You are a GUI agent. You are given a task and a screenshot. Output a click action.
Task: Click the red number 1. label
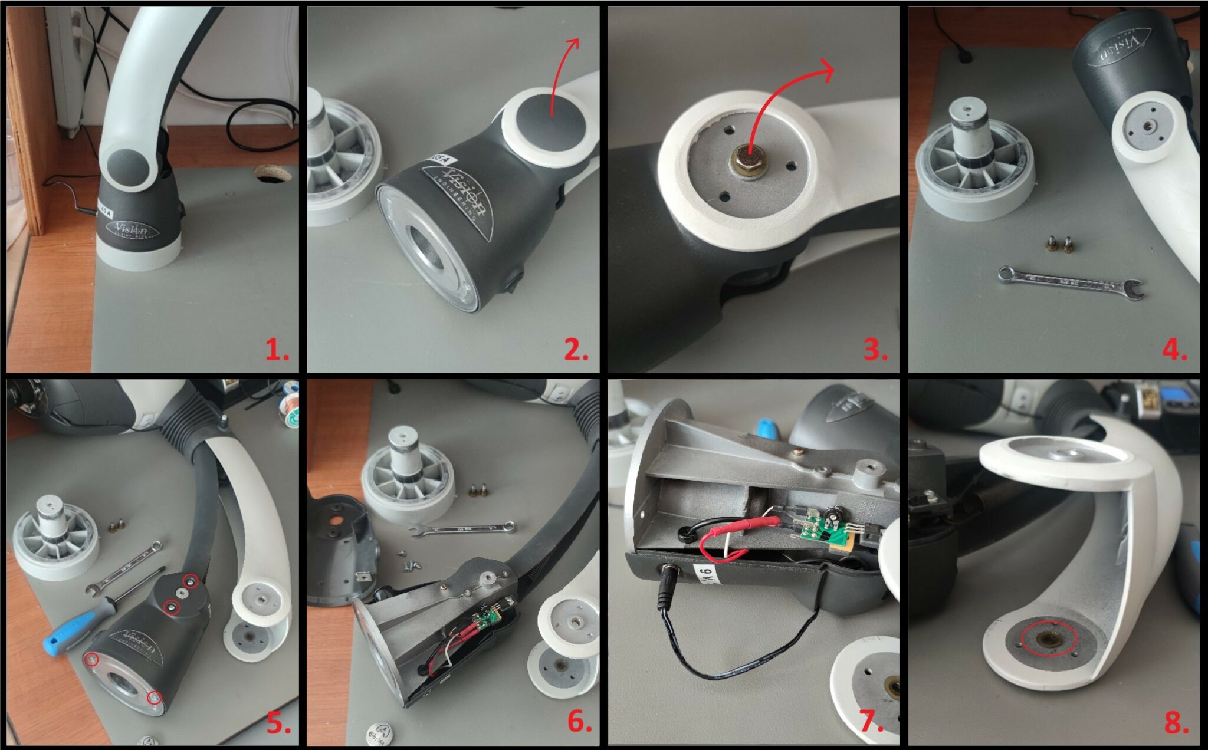276,351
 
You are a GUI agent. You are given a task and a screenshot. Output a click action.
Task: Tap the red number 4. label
1174,351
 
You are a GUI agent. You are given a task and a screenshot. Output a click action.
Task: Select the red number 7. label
871,723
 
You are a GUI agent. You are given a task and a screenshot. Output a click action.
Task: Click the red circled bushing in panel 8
1049,640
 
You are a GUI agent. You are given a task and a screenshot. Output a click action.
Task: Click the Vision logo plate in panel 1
132,229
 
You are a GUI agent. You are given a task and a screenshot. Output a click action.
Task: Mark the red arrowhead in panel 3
826,71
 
